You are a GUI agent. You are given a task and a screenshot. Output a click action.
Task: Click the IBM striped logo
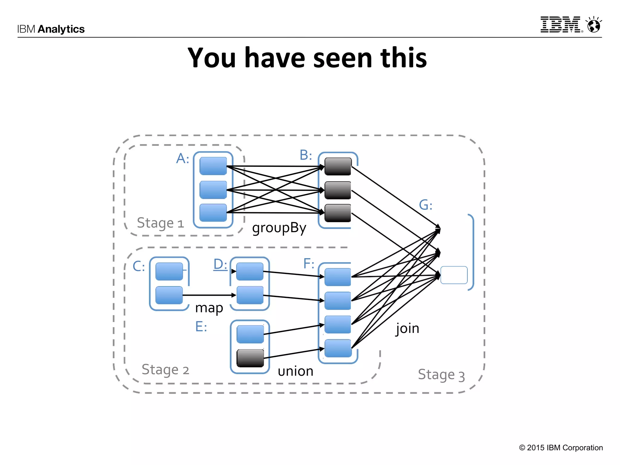click(x=561, y=25)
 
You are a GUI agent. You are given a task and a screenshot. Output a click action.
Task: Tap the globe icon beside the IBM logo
click(x=594, y=25)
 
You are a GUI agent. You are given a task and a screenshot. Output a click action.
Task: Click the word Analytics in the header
click(x=61, y=29)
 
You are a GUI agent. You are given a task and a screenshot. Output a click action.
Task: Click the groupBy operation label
click(x=279, y=228)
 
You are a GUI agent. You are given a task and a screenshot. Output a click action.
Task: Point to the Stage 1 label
click(x=160, y=223)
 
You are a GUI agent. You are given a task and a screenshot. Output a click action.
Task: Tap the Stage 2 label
click(x=165, y=370)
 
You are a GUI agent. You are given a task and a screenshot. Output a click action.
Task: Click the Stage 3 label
click(x=441, y=375)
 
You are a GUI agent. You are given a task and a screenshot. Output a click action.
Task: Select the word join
click(x=407, y=328)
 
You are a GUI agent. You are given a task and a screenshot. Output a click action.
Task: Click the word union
click(x=295, y=371)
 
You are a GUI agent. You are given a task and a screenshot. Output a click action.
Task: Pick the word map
click(x=209, y=308)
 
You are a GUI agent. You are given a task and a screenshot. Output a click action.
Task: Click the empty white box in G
click(x=454, y=275)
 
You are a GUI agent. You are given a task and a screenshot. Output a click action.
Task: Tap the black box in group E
click(x=250, y=358)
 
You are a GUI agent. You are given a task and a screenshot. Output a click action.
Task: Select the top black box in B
click(x=338, y=167)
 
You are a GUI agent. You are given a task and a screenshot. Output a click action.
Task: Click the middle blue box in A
click(x=213, y=190)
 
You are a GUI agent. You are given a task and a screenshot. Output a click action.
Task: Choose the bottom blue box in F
click(x=338, y=348)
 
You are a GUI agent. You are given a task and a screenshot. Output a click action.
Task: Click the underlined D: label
click(x=220, y=264)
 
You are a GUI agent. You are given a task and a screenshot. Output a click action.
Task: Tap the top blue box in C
click(x=169, y=271)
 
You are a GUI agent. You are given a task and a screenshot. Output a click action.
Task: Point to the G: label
click(x=425, y=205)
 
